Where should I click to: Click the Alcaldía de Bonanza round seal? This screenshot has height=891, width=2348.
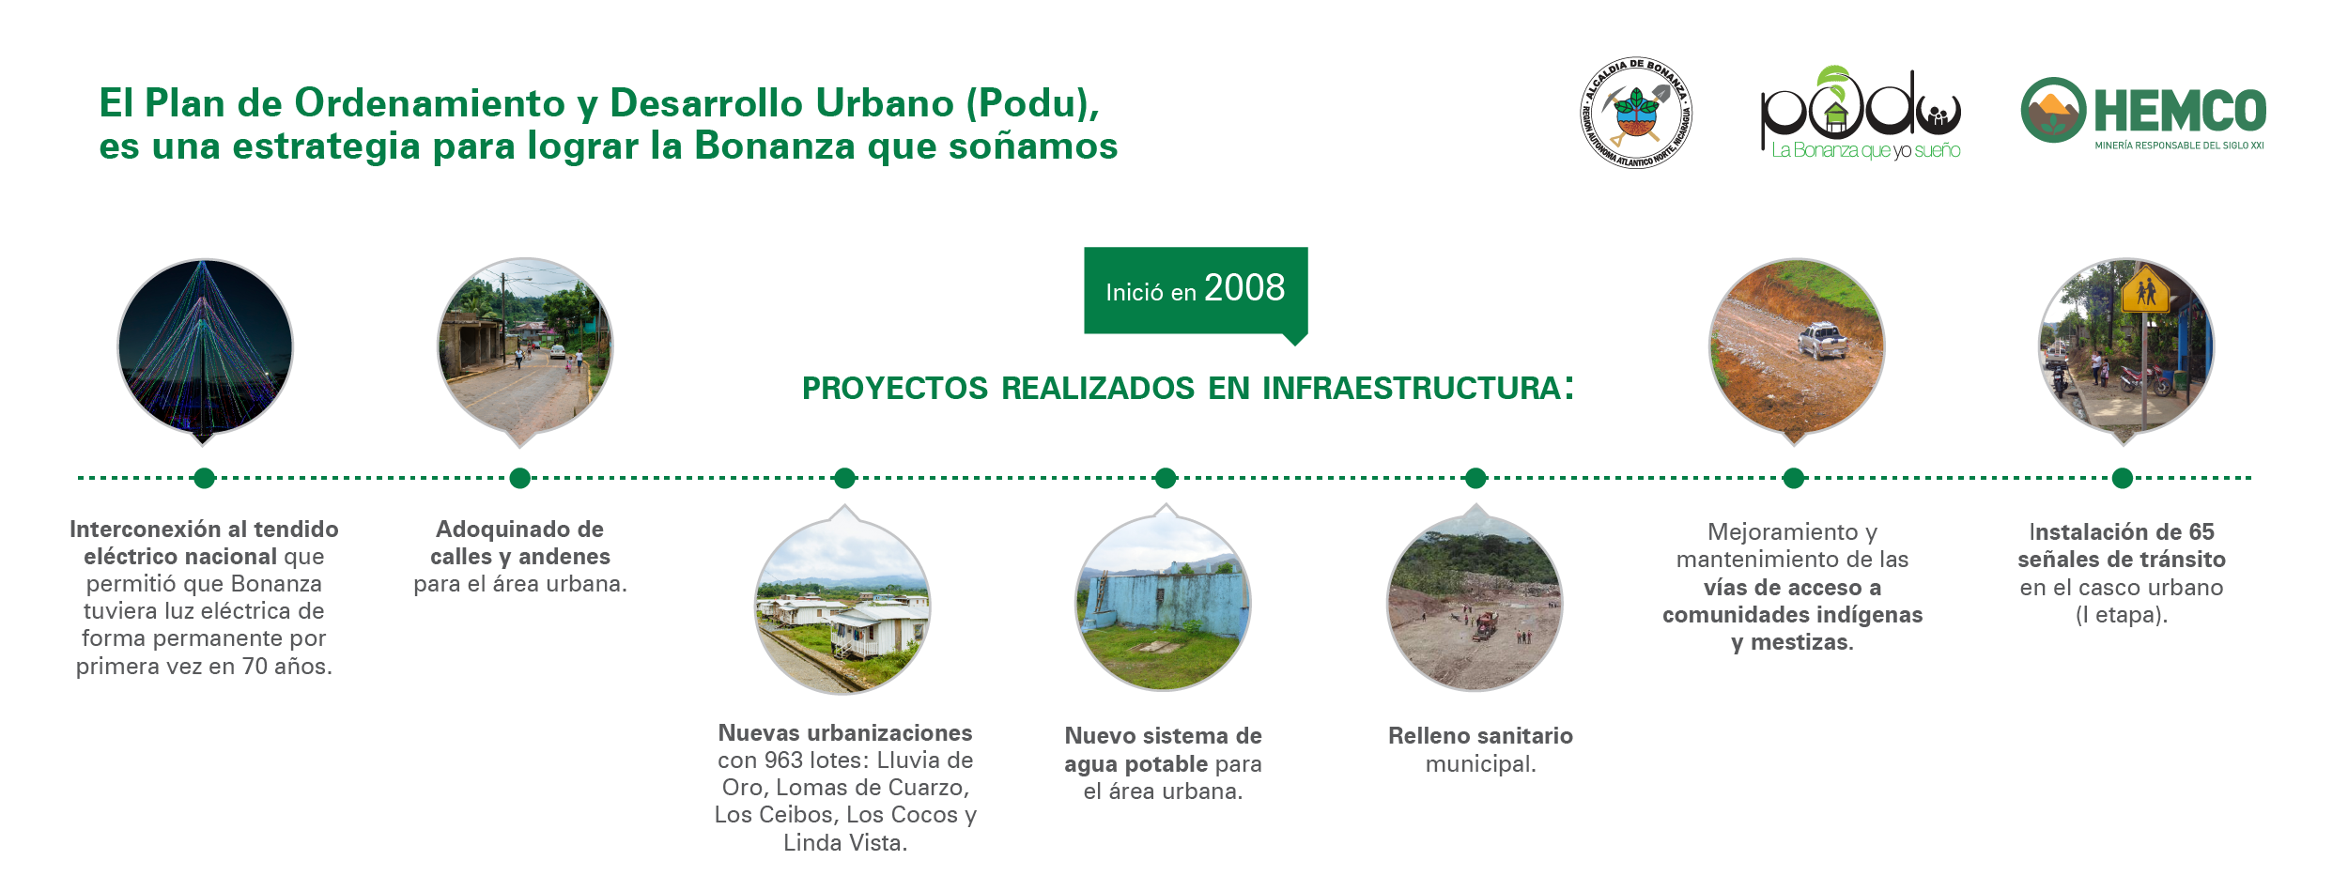click(x=1636, y=113)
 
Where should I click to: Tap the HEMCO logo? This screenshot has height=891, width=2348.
click(x=2143, y=112)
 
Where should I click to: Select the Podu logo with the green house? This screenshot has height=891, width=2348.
click(x=1861, y=114)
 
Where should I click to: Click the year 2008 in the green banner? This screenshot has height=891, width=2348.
click(x=1244, y=287)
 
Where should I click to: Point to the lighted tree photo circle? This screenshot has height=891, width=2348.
click(x=205, y=346)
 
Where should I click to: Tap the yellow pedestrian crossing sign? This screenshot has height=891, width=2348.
click(x=2146, y=291)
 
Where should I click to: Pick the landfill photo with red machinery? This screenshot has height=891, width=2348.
click(x=1475, y=603)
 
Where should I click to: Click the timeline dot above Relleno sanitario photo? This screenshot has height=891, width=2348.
click(x=1475, y=478)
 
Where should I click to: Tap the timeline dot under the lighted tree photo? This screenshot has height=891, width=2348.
click(x=205, y=478)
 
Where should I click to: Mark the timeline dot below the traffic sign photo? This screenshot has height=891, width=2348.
click(x=2123, y=478)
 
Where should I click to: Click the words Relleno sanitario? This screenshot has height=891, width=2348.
click(x=1480, y=736)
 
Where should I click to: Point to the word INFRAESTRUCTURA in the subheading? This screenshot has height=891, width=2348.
click(x=1412, y=389)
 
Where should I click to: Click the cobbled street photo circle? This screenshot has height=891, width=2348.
click(x=525, y=346)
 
